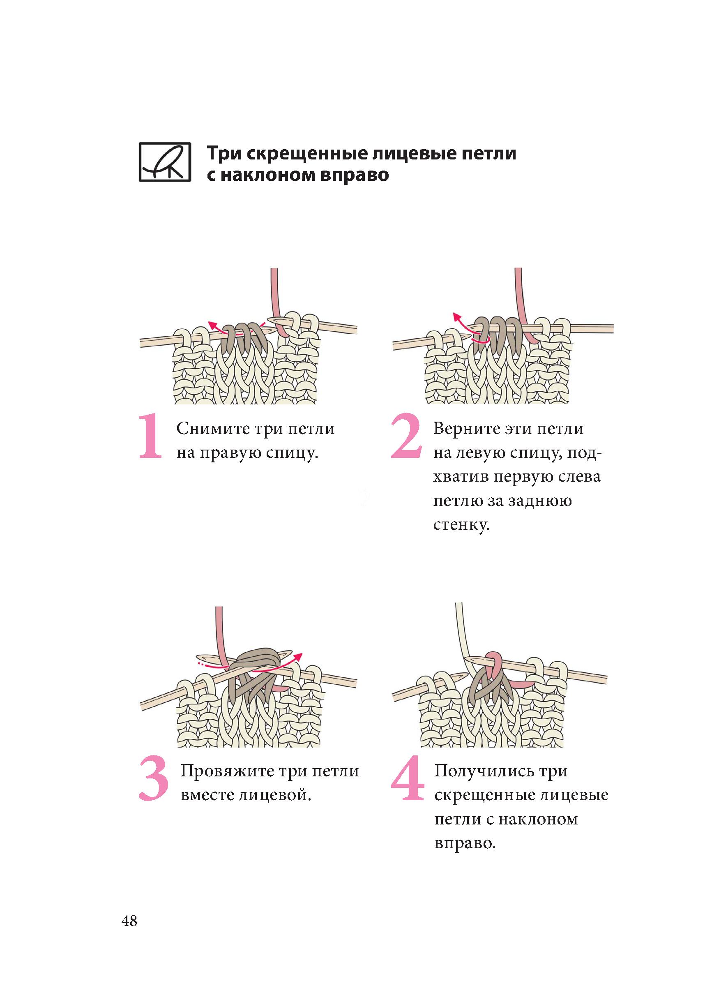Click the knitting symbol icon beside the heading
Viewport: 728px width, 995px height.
[x=165, y=162]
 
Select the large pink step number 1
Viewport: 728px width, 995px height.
[x=151, y=436]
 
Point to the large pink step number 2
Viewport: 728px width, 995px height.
[x=407, y=436]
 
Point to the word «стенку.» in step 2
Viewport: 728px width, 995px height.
[x=461, y=524]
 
